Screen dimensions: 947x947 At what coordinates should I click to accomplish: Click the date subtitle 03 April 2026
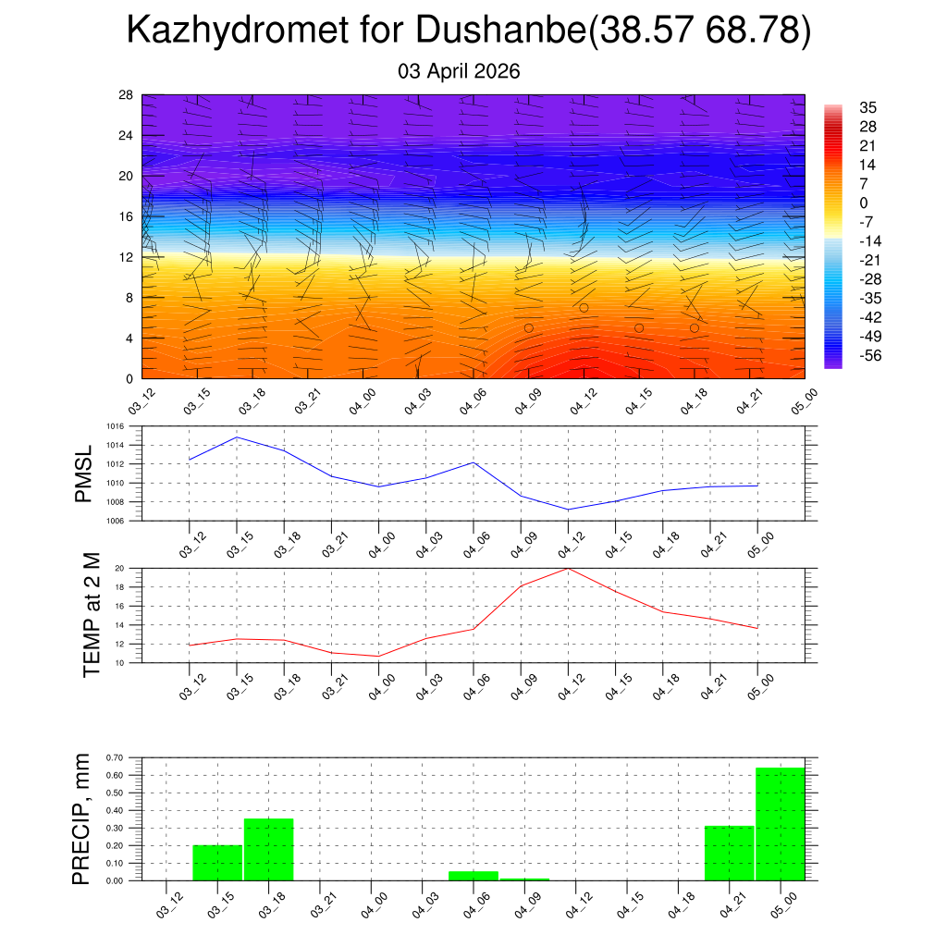(459, 71)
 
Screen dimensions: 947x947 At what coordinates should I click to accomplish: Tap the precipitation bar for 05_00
(780, 823)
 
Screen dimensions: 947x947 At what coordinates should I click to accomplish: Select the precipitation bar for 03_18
(268, 849)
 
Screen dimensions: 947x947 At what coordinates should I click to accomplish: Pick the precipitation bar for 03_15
(217, 862)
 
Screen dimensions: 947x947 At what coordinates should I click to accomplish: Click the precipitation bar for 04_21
(729, 853)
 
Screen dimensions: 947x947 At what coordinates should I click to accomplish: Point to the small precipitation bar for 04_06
(473, 875)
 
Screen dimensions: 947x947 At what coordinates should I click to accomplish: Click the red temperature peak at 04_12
(568, 569)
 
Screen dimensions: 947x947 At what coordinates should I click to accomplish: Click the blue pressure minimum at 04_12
(568, 509)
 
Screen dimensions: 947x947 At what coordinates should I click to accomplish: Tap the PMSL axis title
(84, 473)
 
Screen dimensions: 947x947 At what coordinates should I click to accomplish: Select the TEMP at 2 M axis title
(91, 614)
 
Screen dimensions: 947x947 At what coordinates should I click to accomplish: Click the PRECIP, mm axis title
(83, 818)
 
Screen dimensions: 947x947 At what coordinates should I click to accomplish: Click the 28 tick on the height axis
(126, 95)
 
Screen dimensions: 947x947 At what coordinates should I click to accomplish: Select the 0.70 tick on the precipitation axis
(115, 757)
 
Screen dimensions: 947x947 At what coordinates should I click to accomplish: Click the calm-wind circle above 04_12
(584, 308)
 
